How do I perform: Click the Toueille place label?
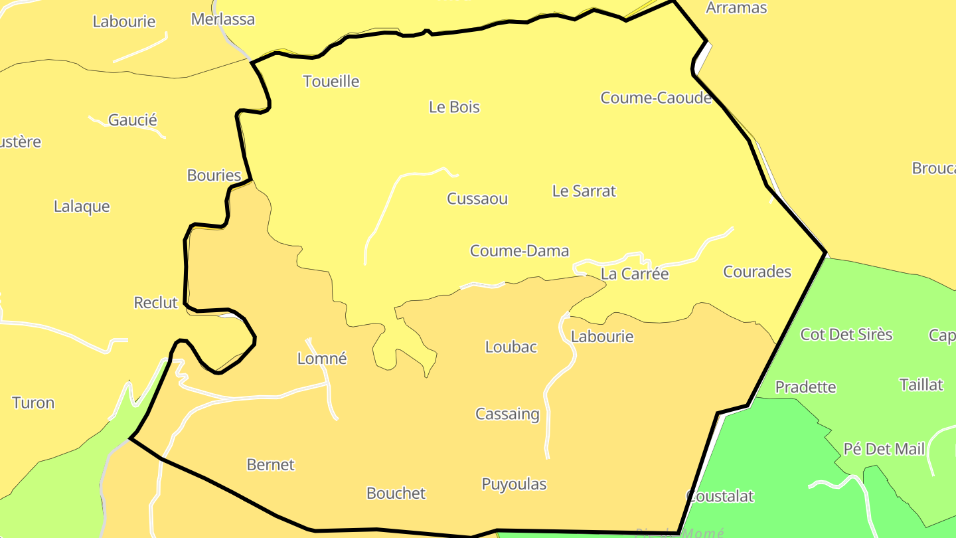(x=331, y=82)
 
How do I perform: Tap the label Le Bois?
(x=454, y=107)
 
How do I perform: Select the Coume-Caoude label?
(x=656, y=98)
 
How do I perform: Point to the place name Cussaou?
(x=477, y=199)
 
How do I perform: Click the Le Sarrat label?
(x=584, y=191)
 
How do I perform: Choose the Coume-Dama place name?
(x=519, y=251)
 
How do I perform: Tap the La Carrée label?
(x=635, y=274)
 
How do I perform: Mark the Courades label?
(x=757, y=272)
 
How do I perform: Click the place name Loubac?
(x=511, y=347)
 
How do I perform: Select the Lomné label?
(x=321, y=359)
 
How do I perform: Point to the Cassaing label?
(x=507, y=414)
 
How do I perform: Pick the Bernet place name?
(x=270, y=465)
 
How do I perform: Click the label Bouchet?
(x=396, y=493)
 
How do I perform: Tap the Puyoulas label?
(x=514, y=484)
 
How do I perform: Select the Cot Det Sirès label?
(x=846, y=334)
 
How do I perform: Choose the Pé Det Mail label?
(x=884, y=449)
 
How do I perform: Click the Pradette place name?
(x=805, y=387)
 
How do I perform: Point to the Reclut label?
(x=156, y=303)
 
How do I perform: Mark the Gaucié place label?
(x=133, y=120)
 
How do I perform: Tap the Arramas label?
(x=736, y=8)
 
